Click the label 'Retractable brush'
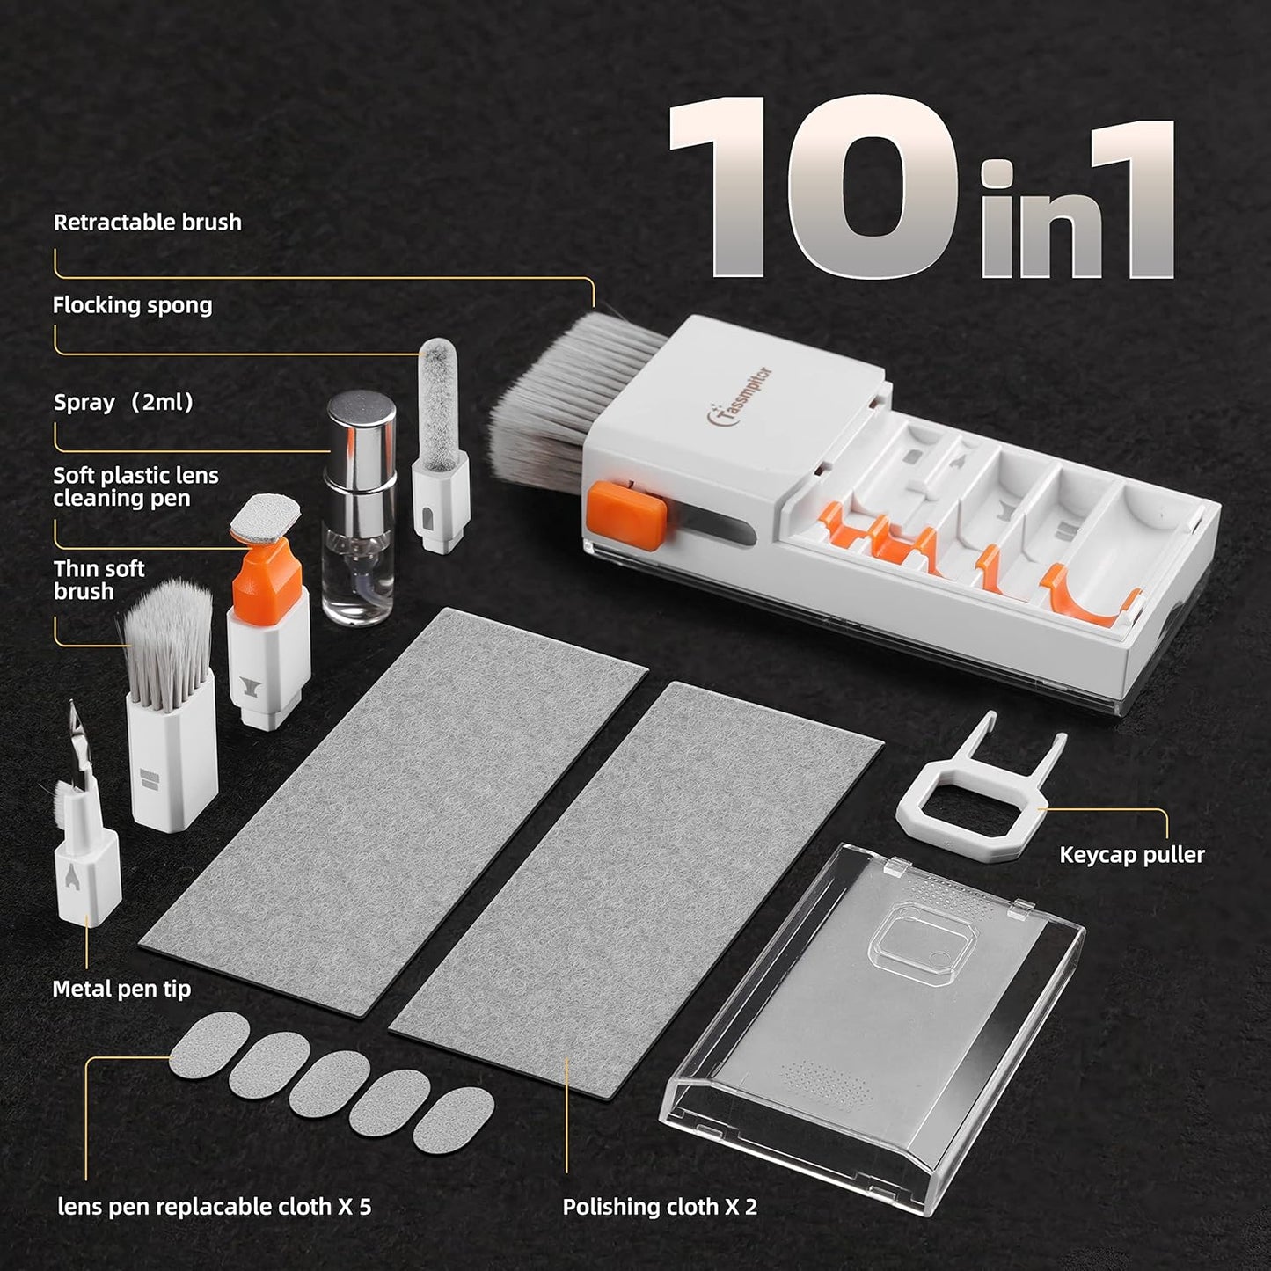pos(147,223)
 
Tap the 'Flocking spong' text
pos(132,306)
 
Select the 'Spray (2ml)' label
pos(123,403)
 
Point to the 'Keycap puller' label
pos(1131,855)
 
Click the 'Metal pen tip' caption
pos(121,990)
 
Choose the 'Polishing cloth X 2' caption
pos(660,1207)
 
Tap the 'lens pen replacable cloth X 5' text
pos(214,1207)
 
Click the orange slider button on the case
pos(626,514)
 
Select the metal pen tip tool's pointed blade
pos(77,739)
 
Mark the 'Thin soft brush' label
pos(99,581)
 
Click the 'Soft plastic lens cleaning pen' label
pos(135,487)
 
